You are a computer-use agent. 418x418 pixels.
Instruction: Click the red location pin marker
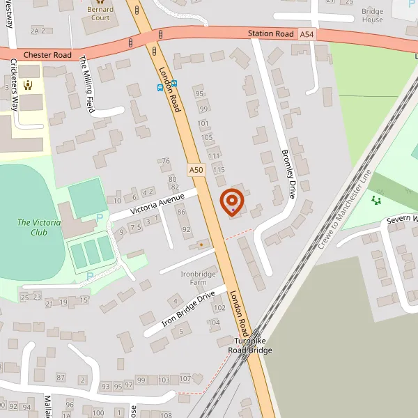(232, 202)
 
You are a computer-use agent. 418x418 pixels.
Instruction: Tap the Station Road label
(270, 33)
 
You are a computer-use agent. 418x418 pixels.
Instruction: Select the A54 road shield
(307, 33)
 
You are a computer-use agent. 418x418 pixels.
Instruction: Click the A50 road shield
(196, 169)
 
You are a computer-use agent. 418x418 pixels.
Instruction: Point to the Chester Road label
(47, 54)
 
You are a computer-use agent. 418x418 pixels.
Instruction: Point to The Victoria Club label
(39, 228)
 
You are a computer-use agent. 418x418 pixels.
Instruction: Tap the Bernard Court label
(100, 13)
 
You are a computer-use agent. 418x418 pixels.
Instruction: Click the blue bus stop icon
(160, 88)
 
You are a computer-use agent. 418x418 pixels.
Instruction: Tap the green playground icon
(377, 201)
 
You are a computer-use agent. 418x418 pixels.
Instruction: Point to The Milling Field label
(87, 84)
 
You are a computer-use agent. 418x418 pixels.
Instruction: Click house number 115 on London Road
(219, 169)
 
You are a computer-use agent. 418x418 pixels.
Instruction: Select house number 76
(166, 161)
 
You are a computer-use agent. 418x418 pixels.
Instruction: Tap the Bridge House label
(372, 15)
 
